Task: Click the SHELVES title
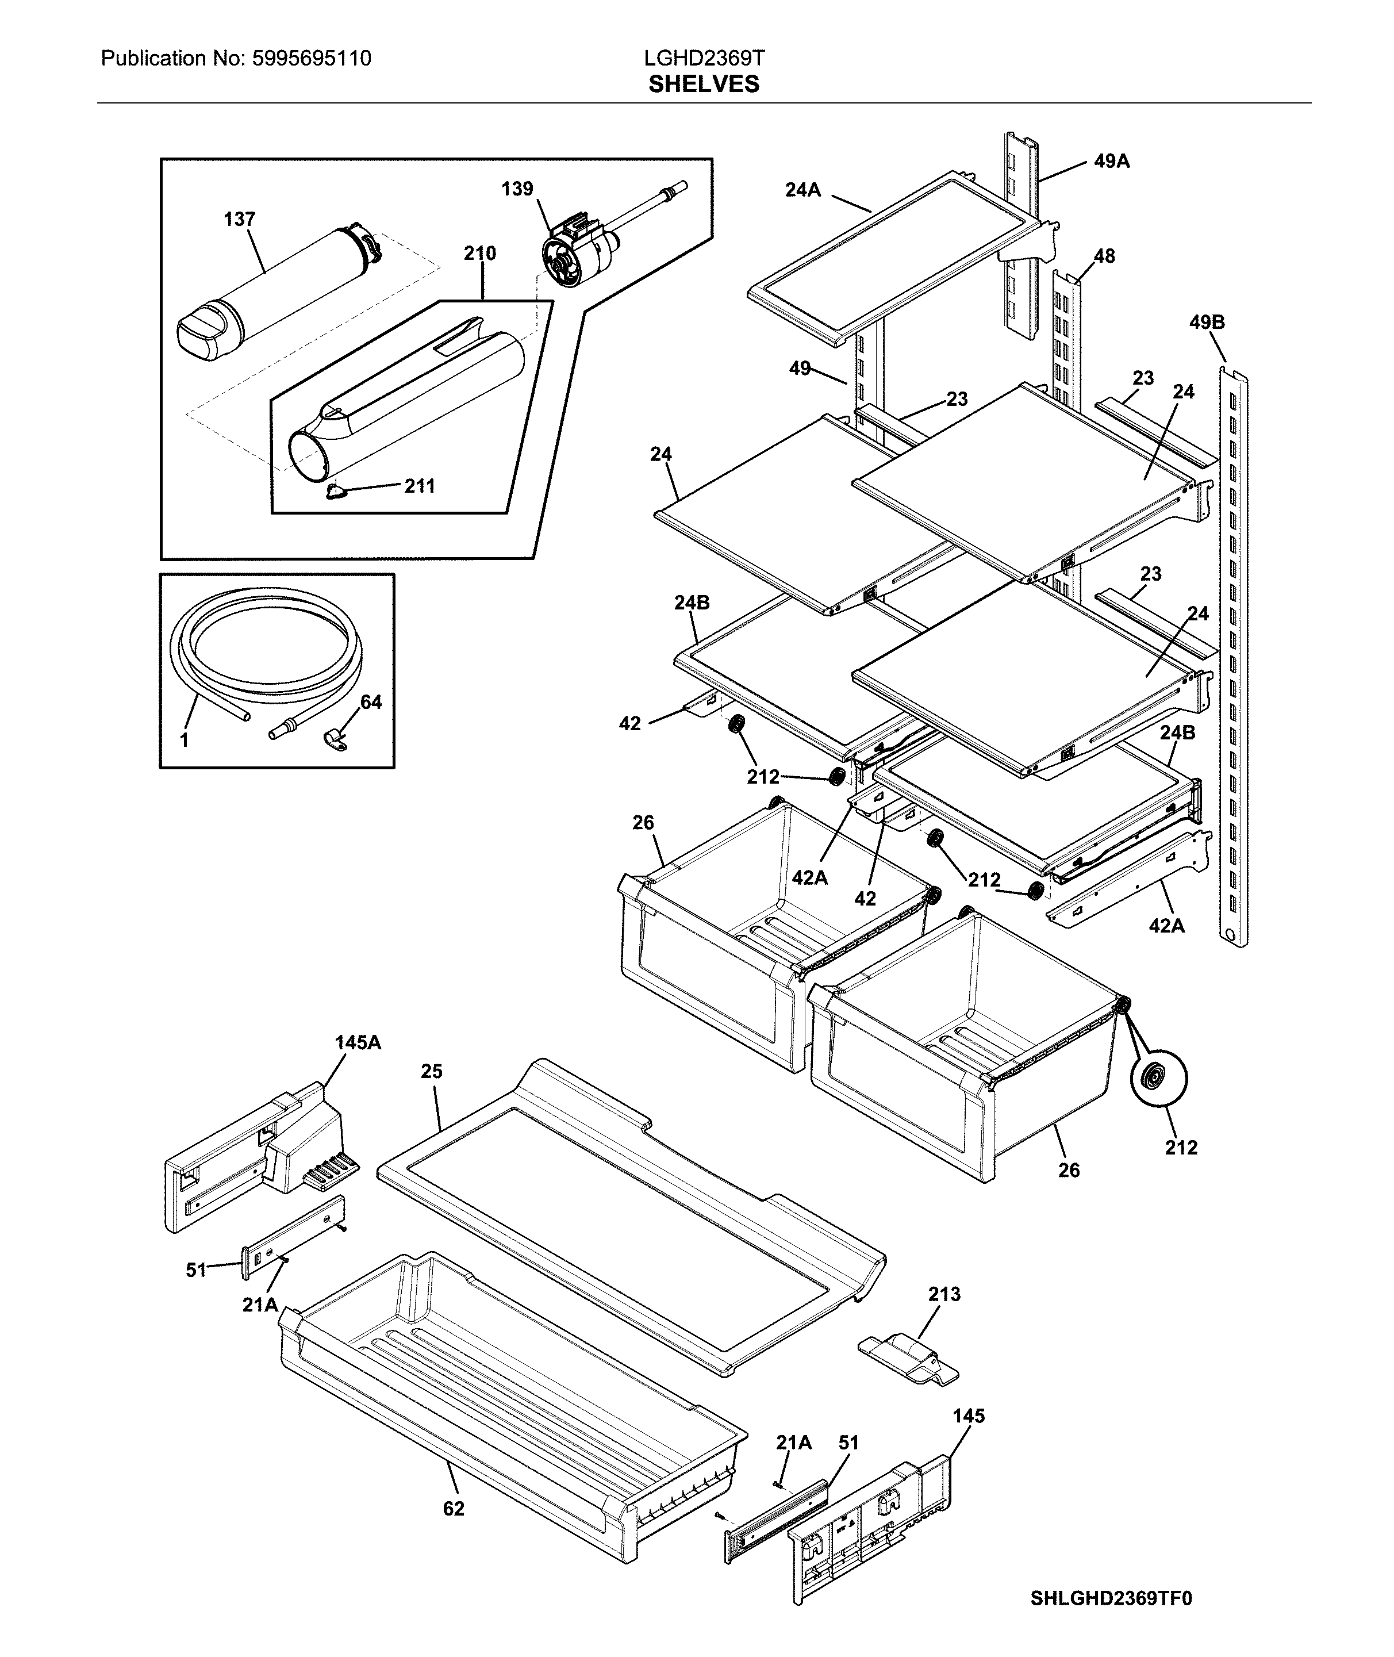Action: (x=703, y=85)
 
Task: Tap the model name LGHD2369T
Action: (x=703, y=57)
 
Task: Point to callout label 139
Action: (x=517, y=189)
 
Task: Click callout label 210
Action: (x=479, y=254)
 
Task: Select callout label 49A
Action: (x=1111, y=161)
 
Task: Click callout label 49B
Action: (x=1206, y=323)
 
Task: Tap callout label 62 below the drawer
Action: (x=453, y=1509)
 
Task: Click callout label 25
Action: (x=432, y=1072)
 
